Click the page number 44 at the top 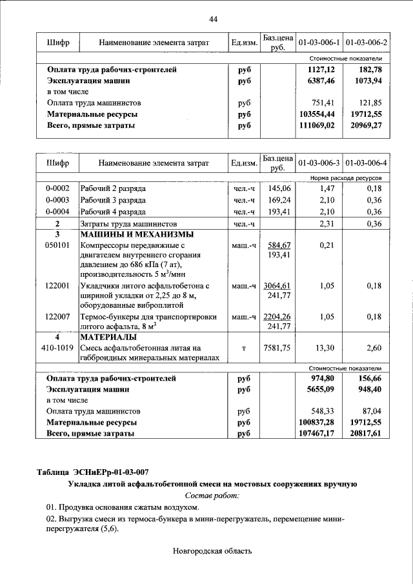tap(213, 19)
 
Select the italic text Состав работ tap(212, 496)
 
